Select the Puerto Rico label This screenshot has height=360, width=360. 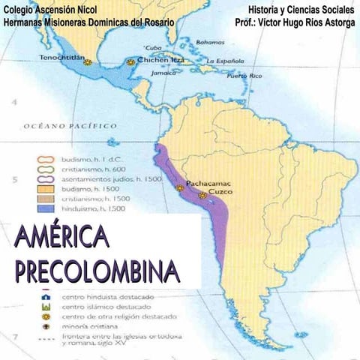(x=244, y=76)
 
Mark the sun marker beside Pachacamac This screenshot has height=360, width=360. (x=180, y=188)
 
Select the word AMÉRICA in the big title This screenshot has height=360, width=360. (x=61, y=239)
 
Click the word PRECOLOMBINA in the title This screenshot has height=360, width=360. (x=97, y=270)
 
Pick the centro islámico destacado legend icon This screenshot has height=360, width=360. (x=46, y=307)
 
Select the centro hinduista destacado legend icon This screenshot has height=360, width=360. (x=46, y=296)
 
